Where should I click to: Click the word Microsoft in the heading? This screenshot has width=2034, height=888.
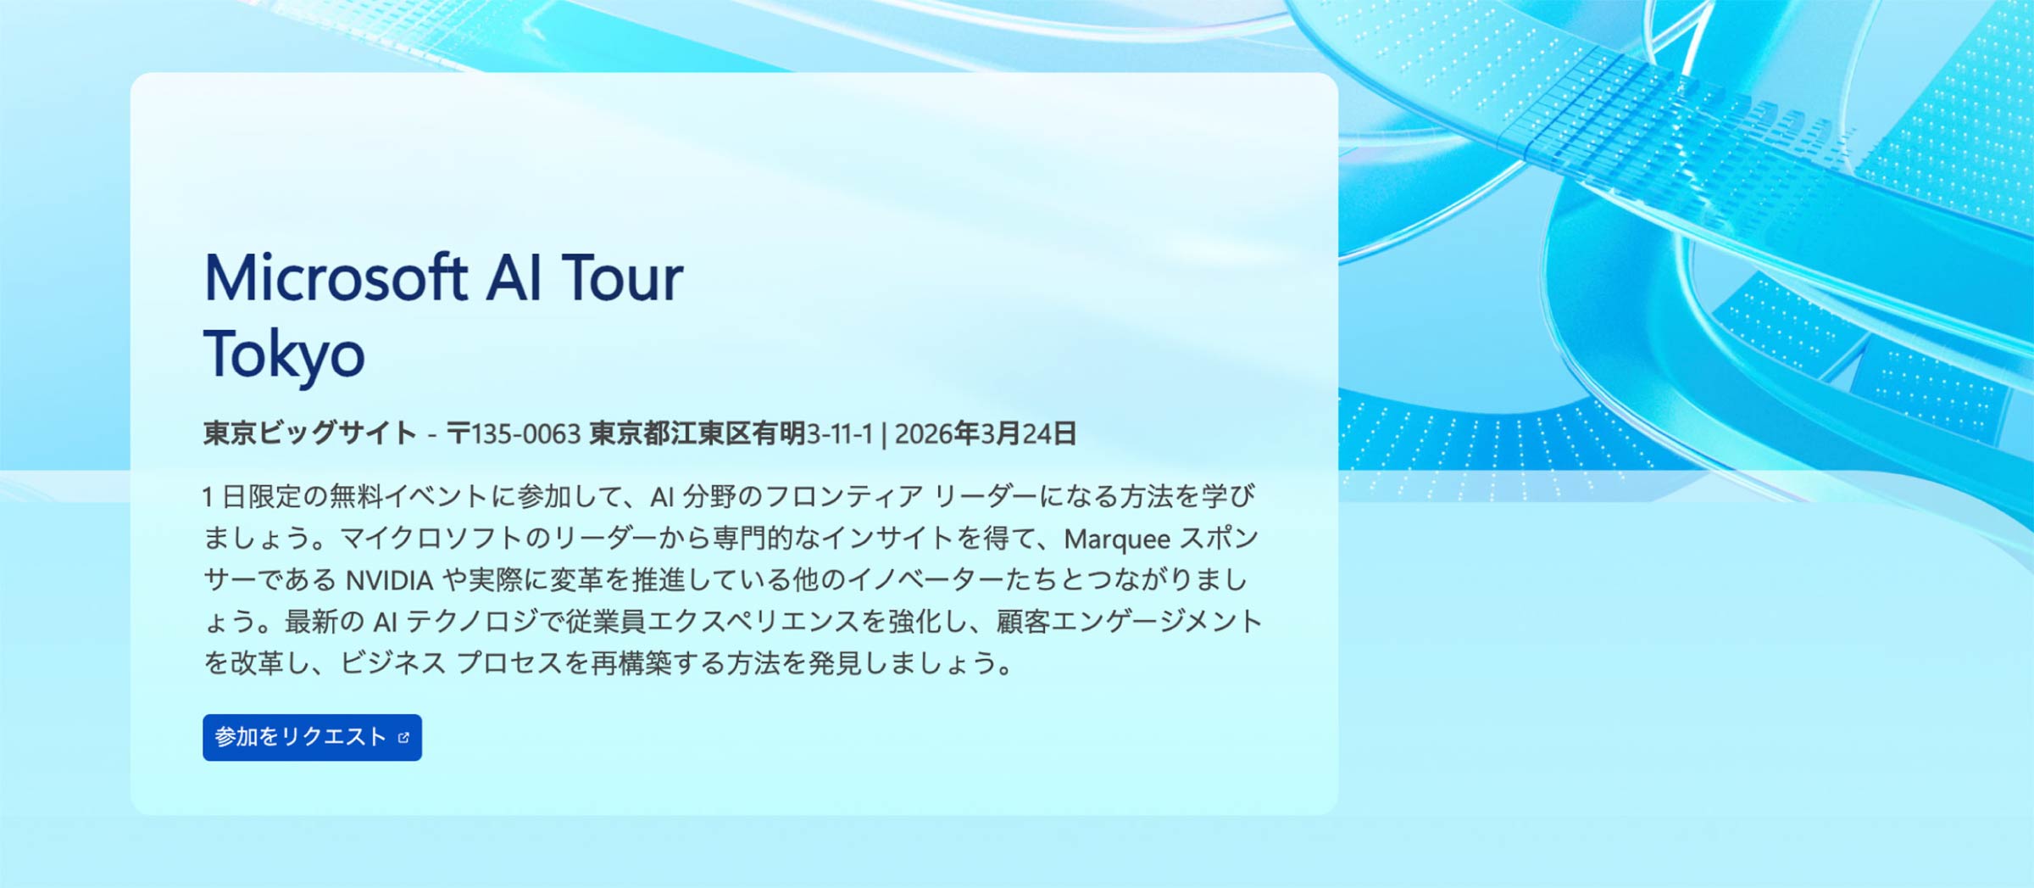(336, 278)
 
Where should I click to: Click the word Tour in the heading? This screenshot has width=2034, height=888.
(622, 278)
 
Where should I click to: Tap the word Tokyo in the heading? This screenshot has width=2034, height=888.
(284, 354)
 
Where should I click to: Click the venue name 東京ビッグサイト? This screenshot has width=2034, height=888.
(309, 433)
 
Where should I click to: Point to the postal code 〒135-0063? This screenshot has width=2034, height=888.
(514, 433)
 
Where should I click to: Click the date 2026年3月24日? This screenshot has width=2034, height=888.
(985, 433)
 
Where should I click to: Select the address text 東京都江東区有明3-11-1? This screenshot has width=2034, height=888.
(731, 433)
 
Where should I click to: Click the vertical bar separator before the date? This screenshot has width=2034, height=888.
(884, 433)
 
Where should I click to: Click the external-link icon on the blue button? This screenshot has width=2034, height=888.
(403, 738)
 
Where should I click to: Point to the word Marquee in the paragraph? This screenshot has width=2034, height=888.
(1116, 539)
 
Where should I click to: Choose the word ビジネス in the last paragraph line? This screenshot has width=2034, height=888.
(393, 663)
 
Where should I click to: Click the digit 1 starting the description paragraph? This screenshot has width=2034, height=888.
(208, 497)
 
